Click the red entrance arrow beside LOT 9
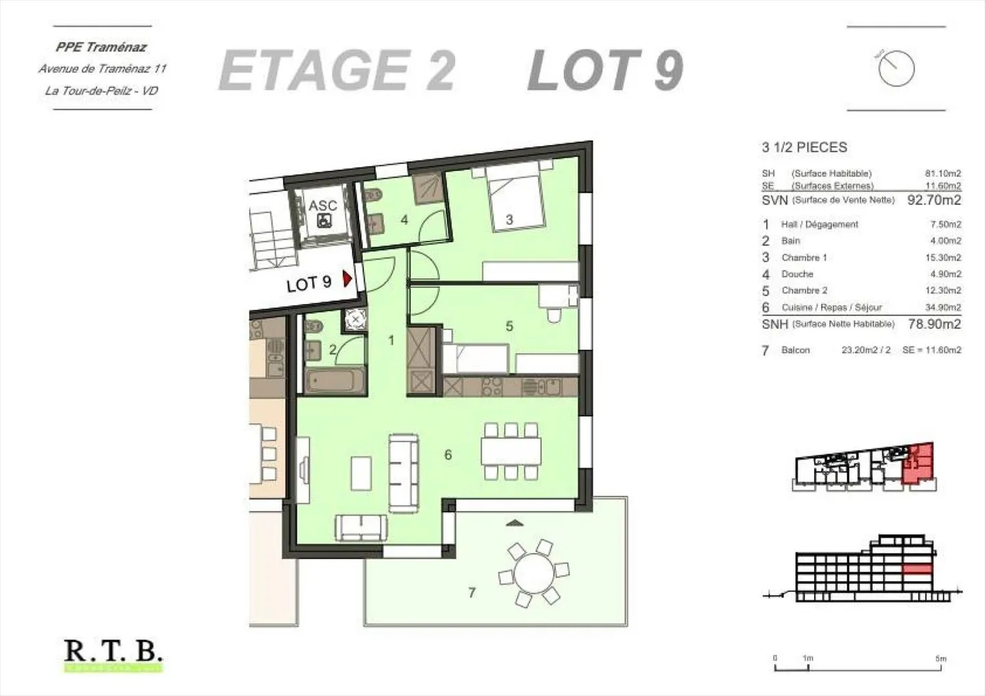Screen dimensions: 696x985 [x=347, y=279]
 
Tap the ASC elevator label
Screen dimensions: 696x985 [x=322, y=205]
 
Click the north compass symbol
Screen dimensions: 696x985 [x=896, y=68]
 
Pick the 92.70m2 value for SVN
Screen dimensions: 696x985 [x=934, y=200]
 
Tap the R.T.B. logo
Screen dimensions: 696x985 [x=113, y=652]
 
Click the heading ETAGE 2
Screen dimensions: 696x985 [x=337, y=71]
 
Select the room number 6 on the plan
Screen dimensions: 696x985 [x=448, y=455]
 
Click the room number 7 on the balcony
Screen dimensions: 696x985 [x=471, y=593]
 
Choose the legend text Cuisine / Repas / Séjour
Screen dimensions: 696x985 [x=831, y=308]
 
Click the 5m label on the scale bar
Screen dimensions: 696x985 [x=941, y=658]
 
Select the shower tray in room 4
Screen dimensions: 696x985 [x=430, y=185]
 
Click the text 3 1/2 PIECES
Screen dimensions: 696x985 [x=804, y=147]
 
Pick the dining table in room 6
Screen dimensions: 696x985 [x=510, y=451]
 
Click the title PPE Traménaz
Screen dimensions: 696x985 [x=101, y=47]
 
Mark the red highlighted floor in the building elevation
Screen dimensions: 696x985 [x=917, y=569]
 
